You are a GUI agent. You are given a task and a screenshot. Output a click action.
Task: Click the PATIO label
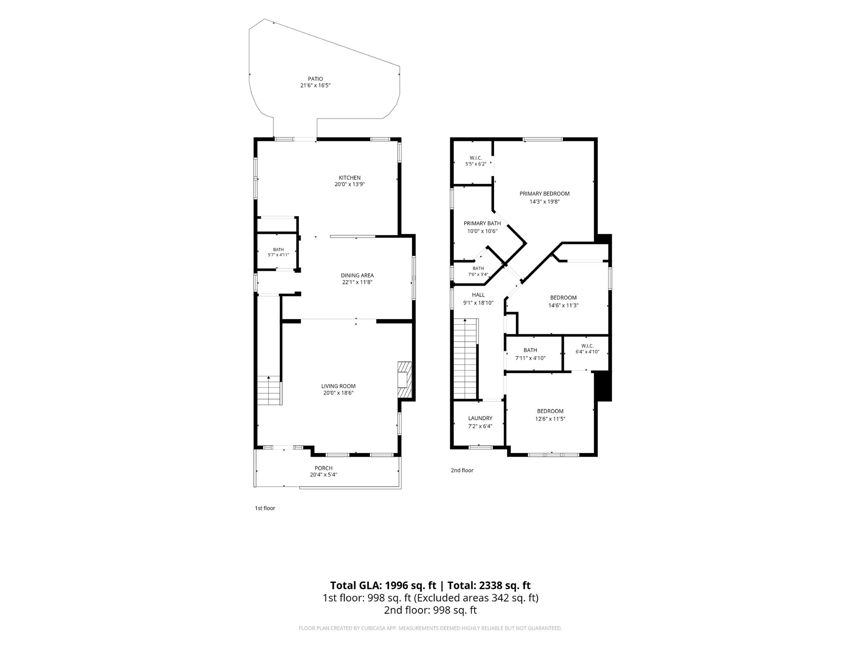[315, 79]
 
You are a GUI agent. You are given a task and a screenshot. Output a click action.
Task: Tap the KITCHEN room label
[350, 177]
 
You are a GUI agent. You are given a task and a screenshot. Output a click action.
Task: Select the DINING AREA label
[357, 275]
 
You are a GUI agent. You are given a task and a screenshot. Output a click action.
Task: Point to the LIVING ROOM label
[338, 386]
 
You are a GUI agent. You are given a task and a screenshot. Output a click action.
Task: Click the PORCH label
[324, 468]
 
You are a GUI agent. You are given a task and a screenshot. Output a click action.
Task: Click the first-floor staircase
[269, 390]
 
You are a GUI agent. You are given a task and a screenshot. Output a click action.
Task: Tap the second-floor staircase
[465, 359]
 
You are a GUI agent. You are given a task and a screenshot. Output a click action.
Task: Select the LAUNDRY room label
[480, 418]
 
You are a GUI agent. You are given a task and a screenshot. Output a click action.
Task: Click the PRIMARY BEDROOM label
[544, 193]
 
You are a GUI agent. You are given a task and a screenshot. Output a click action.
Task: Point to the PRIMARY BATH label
[482, 223]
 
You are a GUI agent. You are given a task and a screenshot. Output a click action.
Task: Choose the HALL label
[478, 295]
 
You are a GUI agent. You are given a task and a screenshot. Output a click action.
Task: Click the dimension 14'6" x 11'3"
[563, 306]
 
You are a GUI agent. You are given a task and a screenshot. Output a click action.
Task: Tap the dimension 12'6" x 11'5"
[550, 419]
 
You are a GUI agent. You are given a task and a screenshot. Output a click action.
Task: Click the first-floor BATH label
[278, 249]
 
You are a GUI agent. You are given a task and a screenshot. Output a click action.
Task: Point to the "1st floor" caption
[265, 508]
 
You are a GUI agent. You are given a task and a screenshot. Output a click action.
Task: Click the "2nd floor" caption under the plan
[462, 470]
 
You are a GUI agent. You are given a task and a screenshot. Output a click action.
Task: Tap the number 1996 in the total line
[397, 585]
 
